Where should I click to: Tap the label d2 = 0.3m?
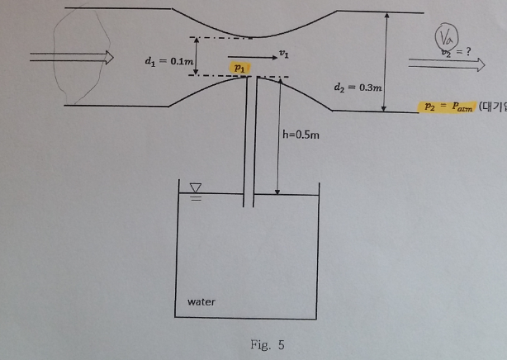coord(357,86)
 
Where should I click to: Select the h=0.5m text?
coord(301,135)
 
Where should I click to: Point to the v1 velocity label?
coord(283,52)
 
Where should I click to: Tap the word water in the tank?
coord(201,301)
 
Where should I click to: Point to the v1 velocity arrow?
coord(250,58)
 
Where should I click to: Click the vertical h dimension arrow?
coord(278,136)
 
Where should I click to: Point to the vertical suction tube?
coord(250,140)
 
